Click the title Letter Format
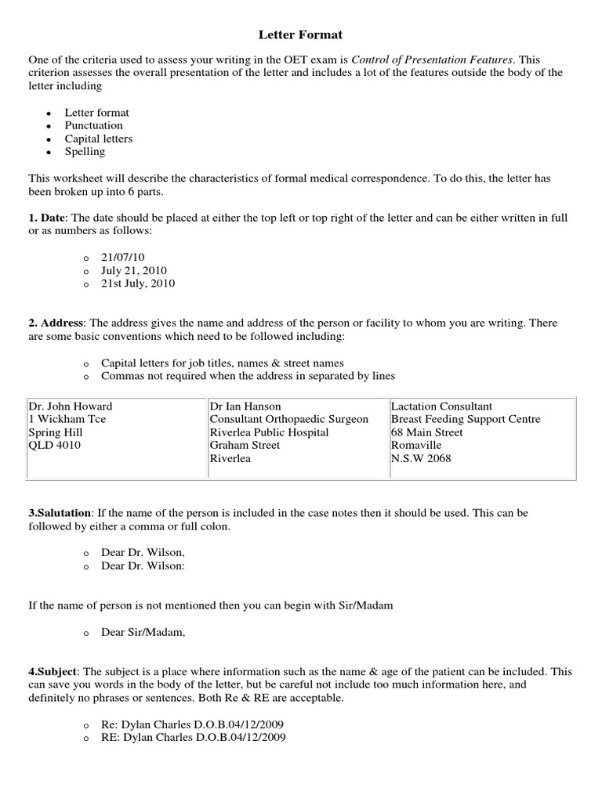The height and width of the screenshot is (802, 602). [x=300, y=35]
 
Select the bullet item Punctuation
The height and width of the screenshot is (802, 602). [x=93, y=125]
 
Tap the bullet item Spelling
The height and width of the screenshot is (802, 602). [x=85, y=152]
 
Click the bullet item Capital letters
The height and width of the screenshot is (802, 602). [x=98, y=139]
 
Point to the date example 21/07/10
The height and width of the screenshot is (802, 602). [x=122, y=257]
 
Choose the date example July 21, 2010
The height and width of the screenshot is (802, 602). [x=134, y=270]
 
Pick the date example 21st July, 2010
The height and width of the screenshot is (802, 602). [x=138, y=284]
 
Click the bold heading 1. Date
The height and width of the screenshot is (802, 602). [x=48, y=217]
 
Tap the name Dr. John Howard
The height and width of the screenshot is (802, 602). [x=70, y=406]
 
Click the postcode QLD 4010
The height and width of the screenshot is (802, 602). [x=54, y=445]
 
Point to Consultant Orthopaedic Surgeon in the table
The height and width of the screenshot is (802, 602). [x=288, y=419]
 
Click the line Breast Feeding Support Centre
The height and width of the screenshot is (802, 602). [x=466, y=419]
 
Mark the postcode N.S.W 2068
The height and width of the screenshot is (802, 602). [x=421, y=458]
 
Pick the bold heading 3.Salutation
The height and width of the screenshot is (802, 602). [x=60, y=512]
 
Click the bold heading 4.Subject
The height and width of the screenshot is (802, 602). [x=53, y=672]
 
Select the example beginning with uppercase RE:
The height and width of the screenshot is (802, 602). [x=193, y=737]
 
